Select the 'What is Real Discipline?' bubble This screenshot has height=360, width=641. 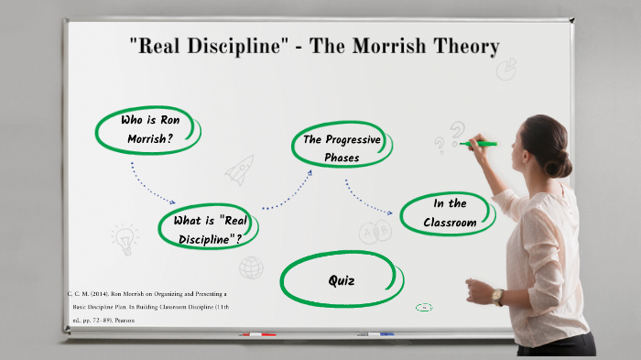208,228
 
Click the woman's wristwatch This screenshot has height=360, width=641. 498,297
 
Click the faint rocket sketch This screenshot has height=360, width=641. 240,169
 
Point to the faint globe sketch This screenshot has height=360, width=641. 251,267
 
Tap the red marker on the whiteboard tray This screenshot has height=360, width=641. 257,335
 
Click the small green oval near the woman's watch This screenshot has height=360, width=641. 423,308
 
